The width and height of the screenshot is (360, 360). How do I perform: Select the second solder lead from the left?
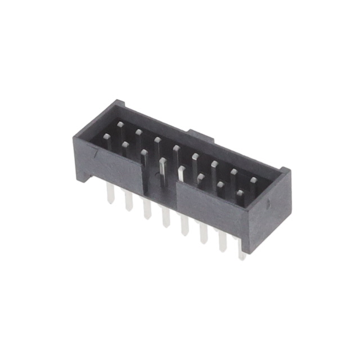(x=129, y=201)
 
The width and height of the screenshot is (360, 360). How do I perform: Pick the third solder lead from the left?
(x=147, y=209)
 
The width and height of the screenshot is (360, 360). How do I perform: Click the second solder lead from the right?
(x=223, y=242)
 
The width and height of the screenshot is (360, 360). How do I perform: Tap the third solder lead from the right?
(x=204, y=234)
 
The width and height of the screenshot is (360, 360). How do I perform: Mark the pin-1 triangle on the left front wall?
(x=97, y=151)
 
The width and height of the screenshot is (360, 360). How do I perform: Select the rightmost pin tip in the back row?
(x=253, y=181)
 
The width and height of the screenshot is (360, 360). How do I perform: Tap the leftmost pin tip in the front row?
(x=125, y=145)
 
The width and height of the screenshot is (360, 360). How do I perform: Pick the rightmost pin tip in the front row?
(x=240, y=193)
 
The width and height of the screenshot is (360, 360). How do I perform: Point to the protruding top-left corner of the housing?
(x=118, y=103)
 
